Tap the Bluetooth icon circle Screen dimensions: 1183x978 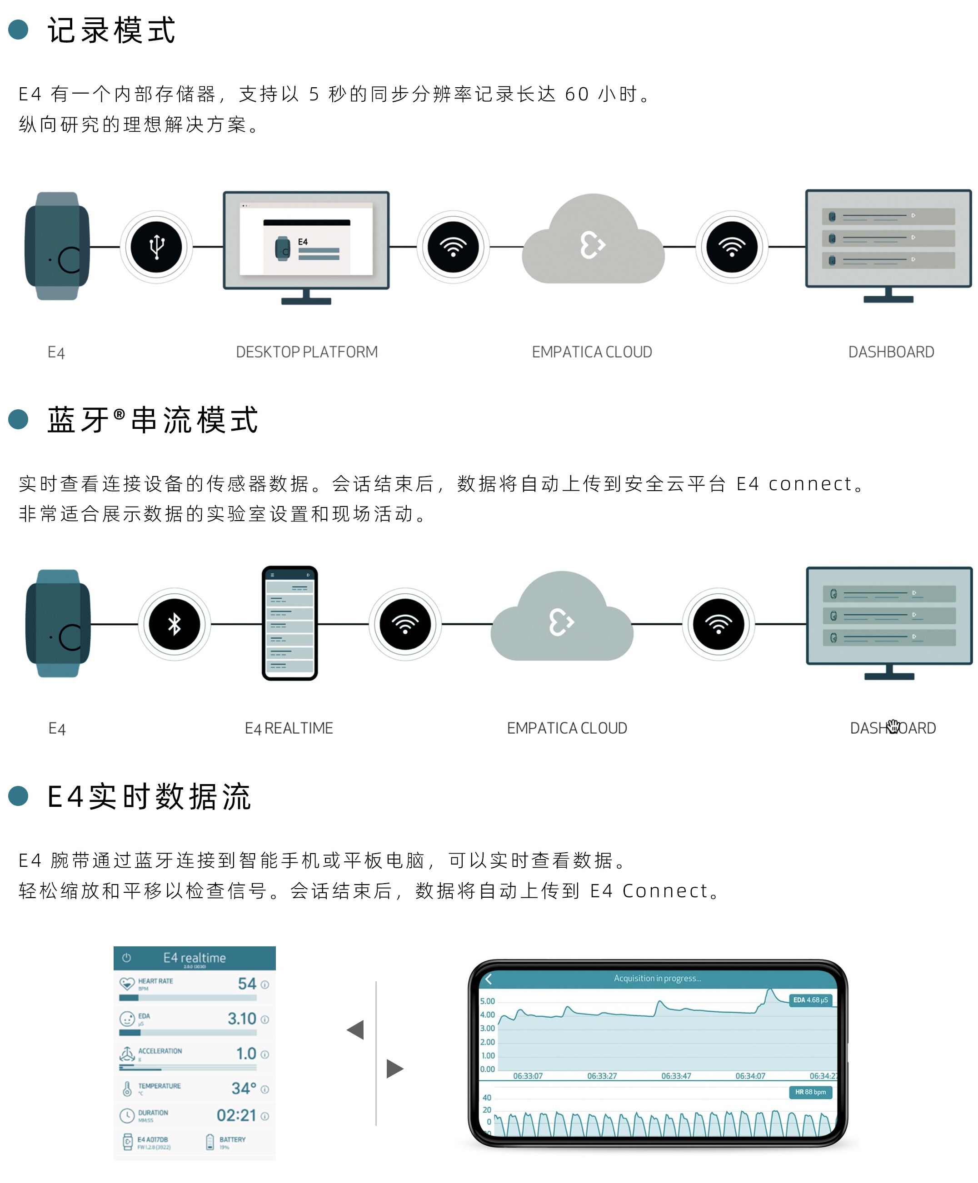[x=174, y=624]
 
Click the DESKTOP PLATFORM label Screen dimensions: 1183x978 [x=306, y=352]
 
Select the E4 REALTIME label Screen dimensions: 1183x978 [x=289, y=728]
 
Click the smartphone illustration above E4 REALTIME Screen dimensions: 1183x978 [x=289, y=623]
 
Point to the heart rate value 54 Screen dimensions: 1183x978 [x=247, y=984]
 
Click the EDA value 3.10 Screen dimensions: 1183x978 [x=242, y=1019]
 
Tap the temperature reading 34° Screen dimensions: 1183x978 [x=244, y=1089]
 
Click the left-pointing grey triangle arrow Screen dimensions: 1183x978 [x=356, y=1030]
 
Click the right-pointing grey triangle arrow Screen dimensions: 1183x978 [x=394, y=1068]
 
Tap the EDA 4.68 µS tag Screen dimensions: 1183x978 [x=810, y=1000]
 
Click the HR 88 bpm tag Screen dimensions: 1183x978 [x=810, y=1092]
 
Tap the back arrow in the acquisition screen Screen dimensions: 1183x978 [x=489, y=979]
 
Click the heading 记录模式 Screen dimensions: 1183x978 [x=111, y=30]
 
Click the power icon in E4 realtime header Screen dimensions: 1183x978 [x=127, y=958]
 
